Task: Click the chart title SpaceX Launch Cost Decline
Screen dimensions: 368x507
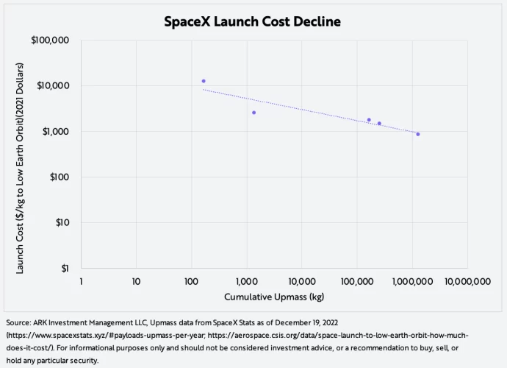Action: click(x=253, y=21)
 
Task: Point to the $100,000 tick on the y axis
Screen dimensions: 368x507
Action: click(x=51, y=40)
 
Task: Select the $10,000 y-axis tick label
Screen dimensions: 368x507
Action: click(x=53, y=85)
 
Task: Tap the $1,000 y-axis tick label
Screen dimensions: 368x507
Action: click(x=55, y=131)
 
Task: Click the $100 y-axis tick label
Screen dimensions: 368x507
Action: click(x=58, y=177)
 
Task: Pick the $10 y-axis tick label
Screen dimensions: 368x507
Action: click(x=61, y=222)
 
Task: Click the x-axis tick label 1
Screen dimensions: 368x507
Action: click(x=81, y=281)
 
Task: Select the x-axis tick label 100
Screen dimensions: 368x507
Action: click(x=191, y=281)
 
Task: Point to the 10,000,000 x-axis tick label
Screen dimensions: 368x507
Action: click(x=468, y=281)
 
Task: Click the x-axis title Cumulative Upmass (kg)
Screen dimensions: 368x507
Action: click(x=274, y=297)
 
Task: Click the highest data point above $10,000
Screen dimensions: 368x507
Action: click(x=204, y=81)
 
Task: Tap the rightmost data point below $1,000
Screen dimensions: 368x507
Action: click(x=418, y=134)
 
